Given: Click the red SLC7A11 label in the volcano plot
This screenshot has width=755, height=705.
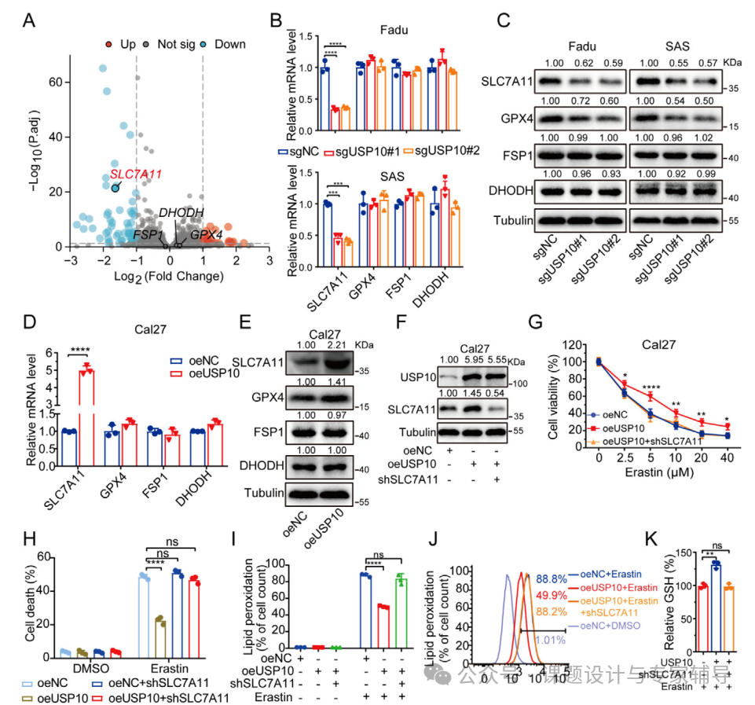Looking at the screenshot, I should [x=135, y=173].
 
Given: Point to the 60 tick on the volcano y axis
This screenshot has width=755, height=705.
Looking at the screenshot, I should [x=55, y=82].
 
